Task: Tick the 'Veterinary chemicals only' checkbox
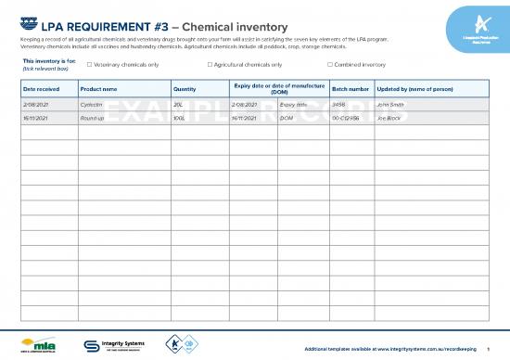[x=88, y=65]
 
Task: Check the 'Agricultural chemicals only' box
[x=210, y=65]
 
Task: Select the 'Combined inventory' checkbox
[x=330, y=65]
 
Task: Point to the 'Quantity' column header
[x=185, y=89]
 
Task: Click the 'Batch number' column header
[x=351, y=89]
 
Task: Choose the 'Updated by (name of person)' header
[x=414, y=89]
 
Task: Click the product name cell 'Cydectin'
[x=92, y=105]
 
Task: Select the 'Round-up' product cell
[x=93, y=120]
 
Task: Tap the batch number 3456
[x=338, y=105]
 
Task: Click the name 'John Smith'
[x=390, y=105]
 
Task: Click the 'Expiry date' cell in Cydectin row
[x=294, y=105]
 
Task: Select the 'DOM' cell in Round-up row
[x=287, y=120]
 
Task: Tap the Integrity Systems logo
[x=114, y=342]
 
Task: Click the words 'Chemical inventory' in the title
[x=237, y=25]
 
